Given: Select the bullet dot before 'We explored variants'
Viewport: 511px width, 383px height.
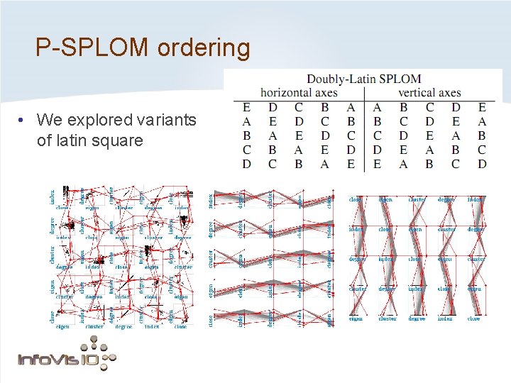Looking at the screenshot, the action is [24, 120].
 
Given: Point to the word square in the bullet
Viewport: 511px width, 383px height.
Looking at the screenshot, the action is [116, 140].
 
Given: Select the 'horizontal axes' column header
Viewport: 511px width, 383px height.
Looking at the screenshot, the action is [299, 92].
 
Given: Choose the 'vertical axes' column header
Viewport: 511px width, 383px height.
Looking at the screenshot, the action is [429, 92].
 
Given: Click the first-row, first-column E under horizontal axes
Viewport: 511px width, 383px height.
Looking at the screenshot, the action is [246, 107].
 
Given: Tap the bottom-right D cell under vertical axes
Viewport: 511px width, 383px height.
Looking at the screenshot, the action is [482, 164].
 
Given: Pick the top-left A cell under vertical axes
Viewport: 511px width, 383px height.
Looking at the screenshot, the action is [376, 107].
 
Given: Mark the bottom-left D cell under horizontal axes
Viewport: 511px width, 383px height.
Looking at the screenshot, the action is [246, 164].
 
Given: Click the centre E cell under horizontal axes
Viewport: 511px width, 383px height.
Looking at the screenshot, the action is [299, 135].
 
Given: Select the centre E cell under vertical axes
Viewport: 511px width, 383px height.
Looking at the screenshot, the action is [429, 135].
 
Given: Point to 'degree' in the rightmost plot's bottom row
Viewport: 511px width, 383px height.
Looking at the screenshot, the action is [417, 319].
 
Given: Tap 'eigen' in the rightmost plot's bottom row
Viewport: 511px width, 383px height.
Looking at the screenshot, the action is [356, 319].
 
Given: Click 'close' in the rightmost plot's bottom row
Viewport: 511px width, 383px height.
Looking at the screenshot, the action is [474, 319].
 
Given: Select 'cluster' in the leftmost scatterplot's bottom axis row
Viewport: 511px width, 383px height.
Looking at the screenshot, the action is [94, 326].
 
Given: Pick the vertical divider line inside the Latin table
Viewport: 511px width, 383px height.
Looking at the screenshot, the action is [363, 135].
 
